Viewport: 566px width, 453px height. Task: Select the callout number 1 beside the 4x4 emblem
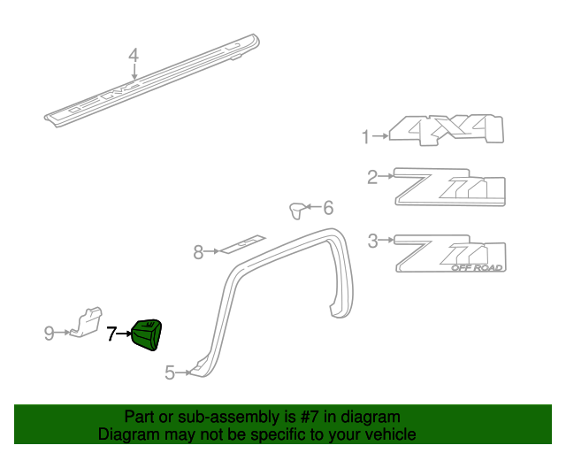tap(364, 136)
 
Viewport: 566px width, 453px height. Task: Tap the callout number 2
tap(372, 177)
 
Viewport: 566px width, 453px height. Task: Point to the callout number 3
tap(372, 239)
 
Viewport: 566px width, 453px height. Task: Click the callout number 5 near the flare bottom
tap(170, 373)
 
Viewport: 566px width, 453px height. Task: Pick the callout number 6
tap(328, 208)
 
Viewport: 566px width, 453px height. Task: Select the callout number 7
tap(111, 334)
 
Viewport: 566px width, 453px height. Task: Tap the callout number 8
tap(198, 253)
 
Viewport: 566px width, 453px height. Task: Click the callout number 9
tap(50, 333)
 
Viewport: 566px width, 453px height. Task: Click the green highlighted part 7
tap(148, 334)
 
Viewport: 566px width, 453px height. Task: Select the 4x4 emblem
tap(447, 130)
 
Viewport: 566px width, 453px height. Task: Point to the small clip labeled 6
tap(299, 210)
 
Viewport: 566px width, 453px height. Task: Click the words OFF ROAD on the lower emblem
tap(477, 267)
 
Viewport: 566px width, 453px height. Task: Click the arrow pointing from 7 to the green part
tap(125, 334)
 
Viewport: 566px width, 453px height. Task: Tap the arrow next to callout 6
tap(314, 208)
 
